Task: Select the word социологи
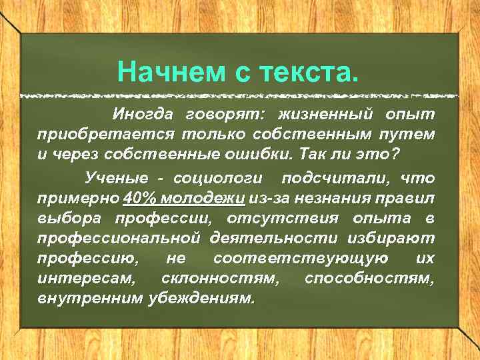(219, 179)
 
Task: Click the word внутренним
(88, 296)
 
